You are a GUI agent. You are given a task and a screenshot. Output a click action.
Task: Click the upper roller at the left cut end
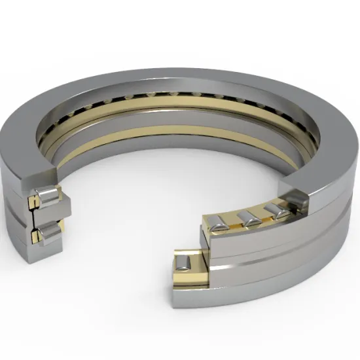point(46,197)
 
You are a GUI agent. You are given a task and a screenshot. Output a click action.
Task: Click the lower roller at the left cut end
point(46,232)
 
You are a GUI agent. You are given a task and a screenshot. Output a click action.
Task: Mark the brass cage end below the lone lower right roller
point(186,282)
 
